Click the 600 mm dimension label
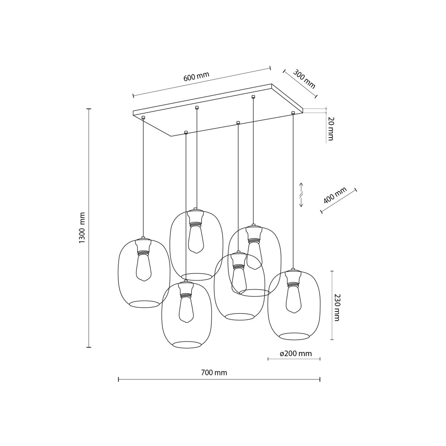pyautogui.click(x=196, y=77)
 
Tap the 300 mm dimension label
pyautogui.click(x=304, y=79)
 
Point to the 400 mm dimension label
pyautogui.click(x=334, y=195)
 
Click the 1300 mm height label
pyautogui.click(x=82, y=228)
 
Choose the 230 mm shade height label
pyautogui.click(x=337, y=307)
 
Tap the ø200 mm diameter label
pyautogui.click(x=295, y=353)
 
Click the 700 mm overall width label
pyautogui.click(x=214, y=372)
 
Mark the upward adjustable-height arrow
pyautogui.click(x=301, y=186)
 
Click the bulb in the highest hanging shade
pyautogui.click(x=195, y=240)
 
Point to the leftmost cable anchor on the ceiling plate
pyautogui.click(x=143, y=118)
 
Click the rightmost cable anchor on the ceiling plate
pyautogui.click(x=293, y=112)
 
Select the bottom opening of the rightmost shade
pyautogui.click(x=294, y=336)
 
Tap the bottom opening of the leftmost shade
pyautogui.click(x=144, y=304)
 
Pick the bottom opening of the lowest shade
pyautogui.click(x=187, y=345)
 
